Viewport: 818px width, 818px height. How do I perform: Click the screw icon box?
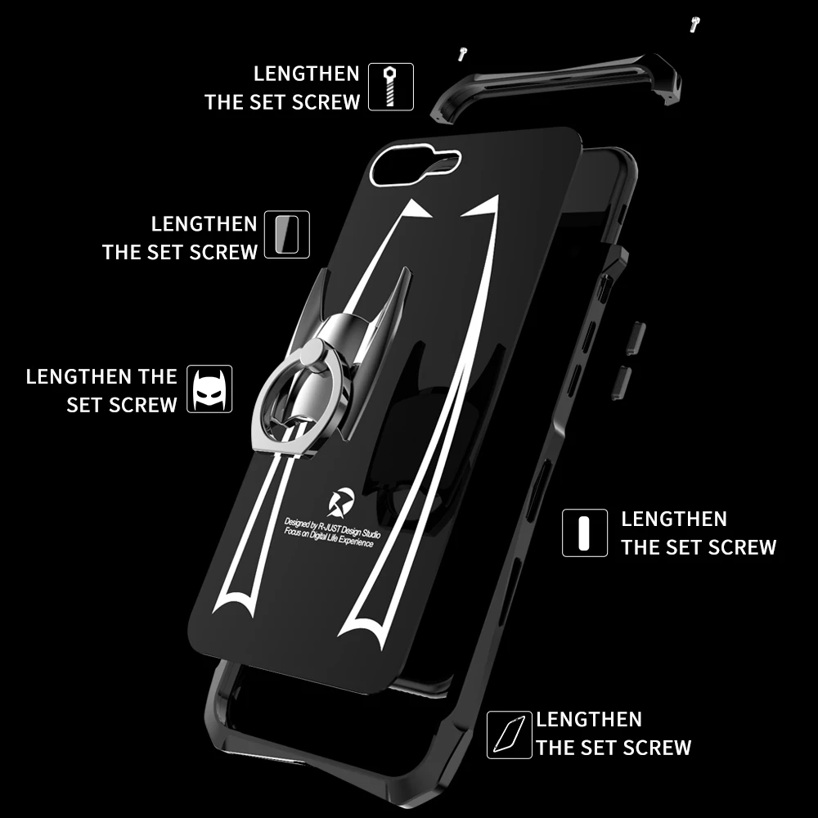(x=391, y=88)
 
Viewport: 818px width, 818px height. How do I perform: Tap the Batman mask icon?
(x=211, y=389)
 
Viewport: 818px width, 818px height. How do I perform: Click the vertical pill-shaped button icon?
(x=584, y=533)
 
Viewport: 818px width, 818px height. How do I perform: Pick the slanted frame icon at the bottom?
(x=509, y=734)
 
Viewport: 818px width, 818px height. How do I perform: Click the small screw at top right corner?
(x=695, y=25)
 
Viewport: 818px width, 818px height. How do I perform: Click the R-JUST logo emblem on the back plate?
(x=341, y=499)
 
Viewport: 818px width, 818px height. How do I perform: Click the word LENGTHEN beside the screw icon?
(x=306, y=74)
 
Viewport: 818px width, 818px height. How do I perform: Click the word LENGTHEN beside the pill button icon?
(x=673, y=519)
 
